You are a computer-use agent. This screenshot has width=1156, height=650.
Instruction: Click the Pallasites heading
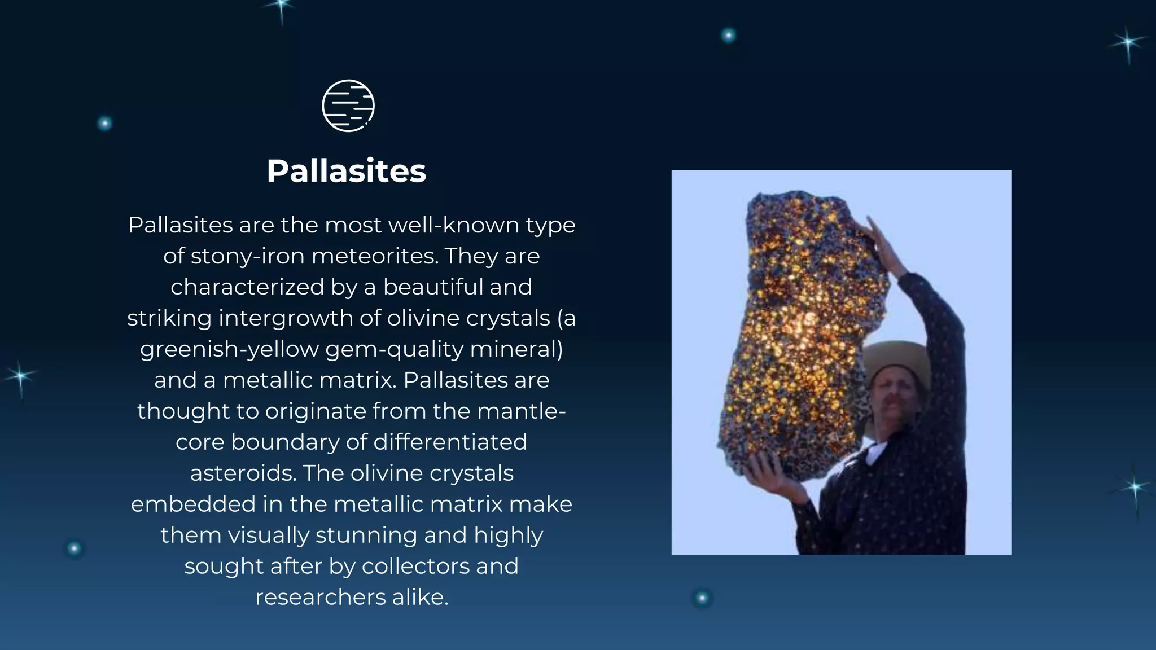(x=346, y=171)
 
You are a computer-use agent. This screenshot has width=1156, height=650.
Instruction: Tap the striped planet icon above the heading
(x=348, y=106)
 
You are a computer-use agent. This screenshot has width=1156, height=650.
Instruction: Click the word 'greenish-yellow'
(x=229, y=349)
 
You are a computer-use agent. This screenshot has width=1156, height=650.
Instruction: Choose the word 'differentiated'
(x=450, y=442)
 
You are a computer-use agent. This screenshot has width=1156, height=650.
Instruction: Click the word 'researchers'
(x=320, y=598)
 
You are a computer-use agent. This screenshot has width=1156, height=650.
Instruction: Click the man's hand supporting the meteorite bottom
(x=768, y=471)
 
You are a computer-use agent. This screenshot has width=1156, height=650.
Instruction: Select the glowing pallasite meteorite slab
(x=802, y=333)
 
